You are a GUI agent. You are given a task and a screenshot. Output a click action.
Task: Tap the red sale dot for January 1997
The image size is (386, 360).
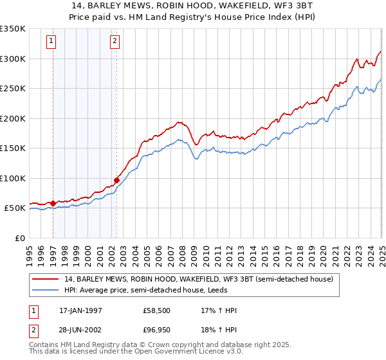pyautogui.click(x=53, y=203)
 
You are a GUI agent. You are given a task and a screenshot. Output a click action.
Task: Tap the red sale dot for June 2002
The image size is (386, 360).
pyautogui.click(x=116, y=180)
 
